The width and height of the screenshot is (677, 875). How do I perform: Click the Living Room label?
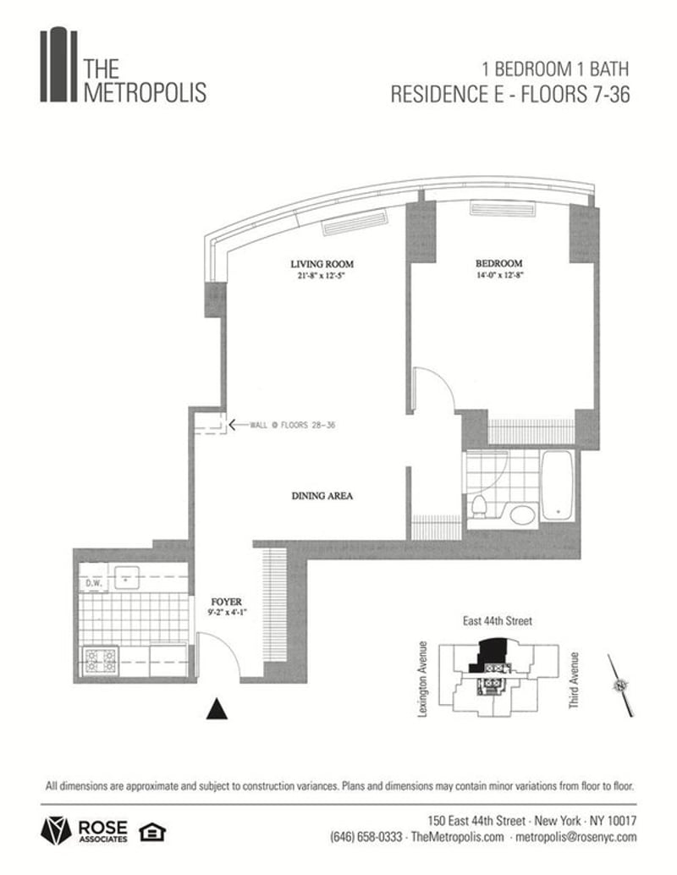click(322, 263)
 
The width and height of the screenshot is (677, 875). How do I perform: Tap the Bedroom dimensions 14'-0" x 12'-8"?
click(499, 274)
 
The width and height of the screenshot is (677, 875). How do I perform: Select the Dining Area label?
click(322, 496)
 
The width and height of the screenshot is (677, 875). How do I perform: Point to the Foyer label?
click(227, 602)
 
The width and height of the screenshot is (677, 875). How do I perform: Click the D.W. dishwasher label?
click(93, 584)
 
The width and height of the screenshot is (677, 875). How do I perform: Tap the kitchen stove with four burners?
click(101, 661)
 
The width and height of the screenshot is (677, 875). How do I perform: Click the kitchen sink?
click(127, 578)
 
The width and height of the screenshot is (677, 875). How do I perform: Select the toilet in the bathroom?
click(478, 504)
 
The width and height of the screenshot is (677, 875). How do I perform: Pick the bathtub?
click(558, 486)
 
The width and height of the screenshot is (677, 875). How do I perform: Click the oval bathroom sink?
click(521, 515)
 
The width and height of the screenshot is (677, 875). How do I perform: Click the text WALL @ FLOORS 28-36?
click(292, 425)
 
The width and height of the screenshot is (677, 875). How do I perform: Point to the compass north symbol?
click(620, 685)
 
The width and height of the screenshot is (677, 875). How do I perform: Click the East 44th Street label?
click(498, 620)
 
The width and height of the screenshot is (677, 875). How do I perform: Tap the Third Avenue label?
click(574, 681)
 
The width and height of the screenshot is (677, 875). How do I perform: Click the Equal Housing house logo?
click(152, 832)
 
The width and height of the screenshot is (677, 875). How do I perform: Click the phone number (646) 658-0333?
click(366, 837)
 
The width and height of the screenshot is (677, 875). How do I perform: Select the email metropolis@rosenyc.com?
click(576, 837)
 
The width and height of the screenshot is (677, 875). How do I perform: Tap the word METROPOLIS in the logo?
click(145, 92)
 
